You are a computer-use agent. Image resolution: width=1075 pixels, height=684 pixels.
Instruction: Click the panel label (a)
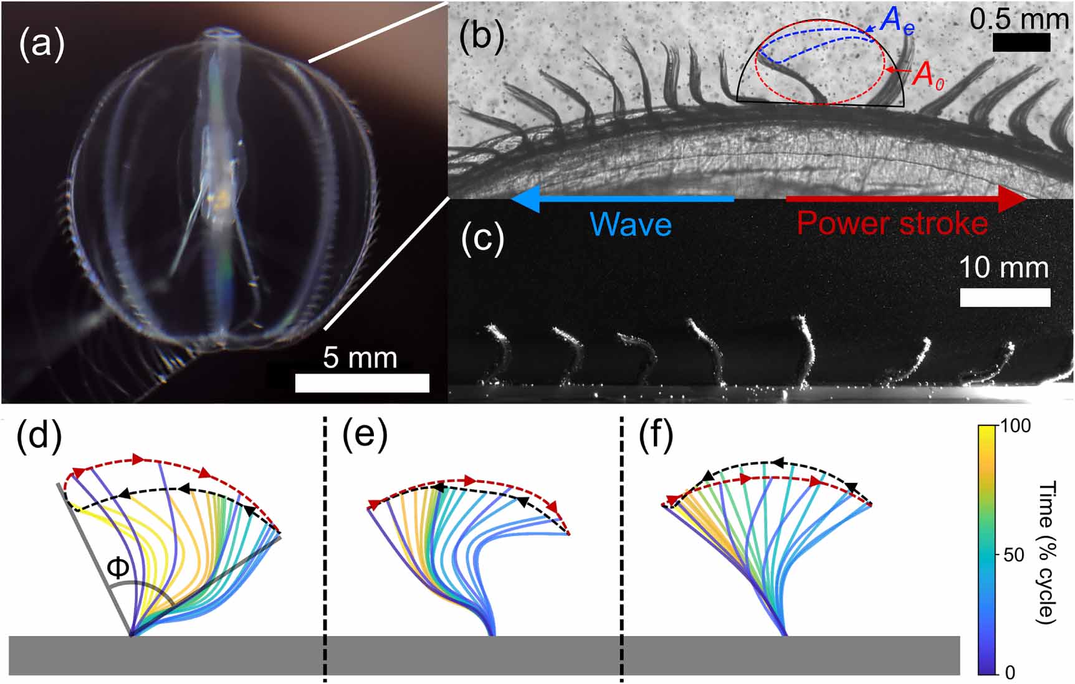[41, 45]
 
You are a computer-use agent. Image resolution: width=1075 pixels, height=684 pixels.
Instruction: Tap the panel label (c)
[482, 239]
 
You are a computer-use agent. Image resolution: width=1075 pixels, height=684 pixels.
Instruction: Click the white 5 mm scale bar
[362, 382]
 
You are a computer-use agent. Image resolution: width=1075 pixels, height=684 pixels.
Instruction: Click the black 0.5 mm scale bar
[1021, 42]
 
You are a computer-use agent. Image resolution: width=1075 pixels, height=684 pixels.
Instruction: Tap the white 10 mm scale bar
[1005, 297]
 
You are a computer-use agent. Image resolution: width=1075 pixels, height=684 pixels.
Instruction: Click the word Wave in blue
[630, 224]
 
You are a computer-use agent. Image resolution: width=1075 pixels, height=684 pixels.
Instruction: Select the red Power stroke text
[892, 223]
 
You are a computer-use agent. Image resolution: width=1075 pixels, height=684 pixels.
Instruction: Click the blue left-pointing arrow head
[522, 199]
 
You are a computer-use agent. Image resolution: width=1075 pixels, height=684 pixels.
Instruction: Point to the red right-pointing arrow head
[1015, 199]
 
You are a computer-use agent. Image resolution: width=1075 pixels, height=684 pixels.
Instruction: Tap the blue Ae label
[896, 22]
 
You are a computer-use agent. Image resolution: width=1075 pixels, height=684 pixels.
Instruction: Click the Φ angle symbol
[118, 568]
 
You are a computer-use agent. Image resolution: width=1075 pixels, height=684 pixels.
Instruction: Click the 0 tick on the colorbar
[1010, 672]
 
